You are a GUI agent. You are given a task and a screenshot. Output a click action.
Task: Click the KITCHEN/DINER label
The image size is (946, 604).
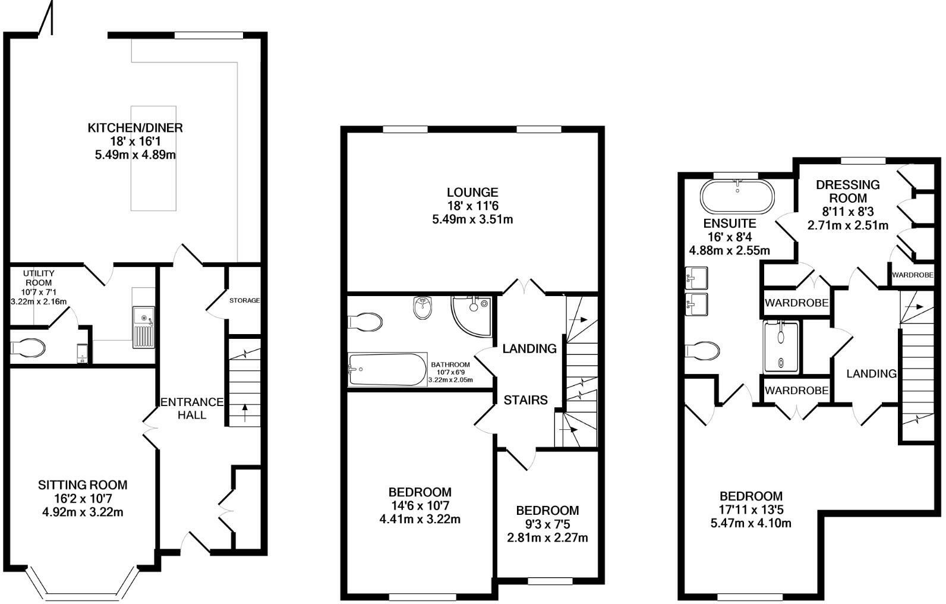click(135, 128)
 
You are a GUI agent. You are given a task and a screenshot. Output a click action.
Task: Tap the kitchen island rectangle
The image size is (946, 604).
click(153, 158)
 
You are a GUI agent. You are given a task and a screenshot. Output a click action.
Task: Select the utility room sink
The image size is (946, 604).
click(144, 327)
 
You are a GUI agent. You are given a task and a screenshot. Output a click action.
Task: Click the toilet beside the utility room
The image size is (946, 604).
click(27, 348)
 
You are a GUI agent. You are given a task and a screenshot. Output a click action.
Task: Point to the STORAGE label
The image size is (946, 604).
click(245, 300)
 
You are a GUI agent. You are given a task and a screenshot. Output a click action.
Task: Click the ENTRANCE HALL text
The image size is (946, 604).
click(192, 408)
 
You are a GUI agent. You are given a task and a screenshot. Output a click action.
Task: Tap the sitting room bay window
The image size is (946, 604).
click(83, 585)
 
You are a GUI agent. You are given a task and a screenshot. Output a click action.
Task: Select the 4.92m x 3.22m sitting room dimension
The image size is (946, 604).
click(83, 512)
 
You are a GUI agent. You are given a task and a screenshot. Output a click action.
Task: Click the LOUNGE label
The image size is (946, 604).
click(472, 192)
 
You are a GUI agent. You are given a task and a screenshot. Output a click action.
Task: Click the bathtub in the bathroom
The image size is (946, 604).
click(387, 370)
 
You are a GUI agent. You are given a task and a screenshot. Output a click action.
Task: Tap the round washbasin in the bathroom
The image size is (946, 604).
click(422, 307)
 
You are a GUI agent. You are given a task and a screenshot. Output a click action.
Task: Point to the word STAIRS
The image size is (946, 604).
click(526, 400)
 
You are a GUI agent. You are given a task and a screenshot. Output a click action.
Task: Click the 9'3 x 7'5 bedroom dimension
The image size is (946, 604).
click(547, 524)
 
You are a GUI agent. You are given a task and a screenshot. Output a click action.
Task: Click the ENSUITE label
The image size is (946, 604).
click(729, 223)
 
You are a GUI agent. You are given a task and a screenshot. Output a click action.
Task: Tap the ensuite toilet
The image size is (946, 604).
click(702, 351)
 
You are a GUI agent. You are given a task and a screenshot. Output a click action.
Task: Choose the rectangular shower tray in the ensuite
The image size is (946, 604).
click(781, 347)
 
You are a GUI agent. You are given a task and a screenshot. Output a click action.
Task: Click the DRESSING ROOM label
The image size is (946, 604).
click(847, 191)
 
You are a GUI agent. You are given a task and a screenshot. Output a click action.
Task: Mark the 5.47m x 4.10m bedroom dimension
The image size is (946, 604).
click(751, 523)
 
